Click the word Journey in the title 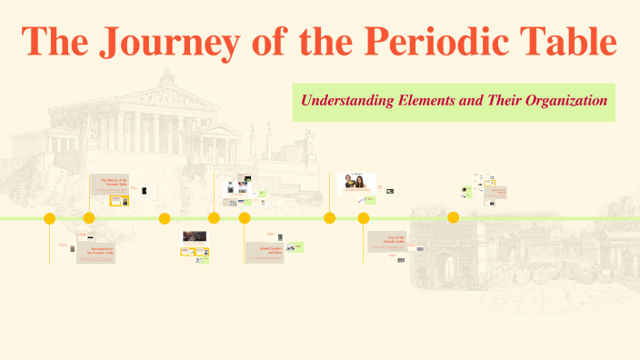coord(182,42)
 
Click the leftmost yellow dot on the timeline coord(50,218)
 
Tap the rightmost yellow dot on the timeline coord(454,217)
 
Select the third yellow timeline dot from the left coord(165,218)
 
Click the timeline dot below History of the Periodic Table coord(89,218)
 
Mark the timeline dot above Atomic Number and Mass coord(245,218)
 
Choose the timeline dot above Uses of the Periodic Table coord(364,218)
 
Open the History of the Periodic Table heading coord(113,182)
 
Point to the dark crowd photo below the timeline coord(195,236)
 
